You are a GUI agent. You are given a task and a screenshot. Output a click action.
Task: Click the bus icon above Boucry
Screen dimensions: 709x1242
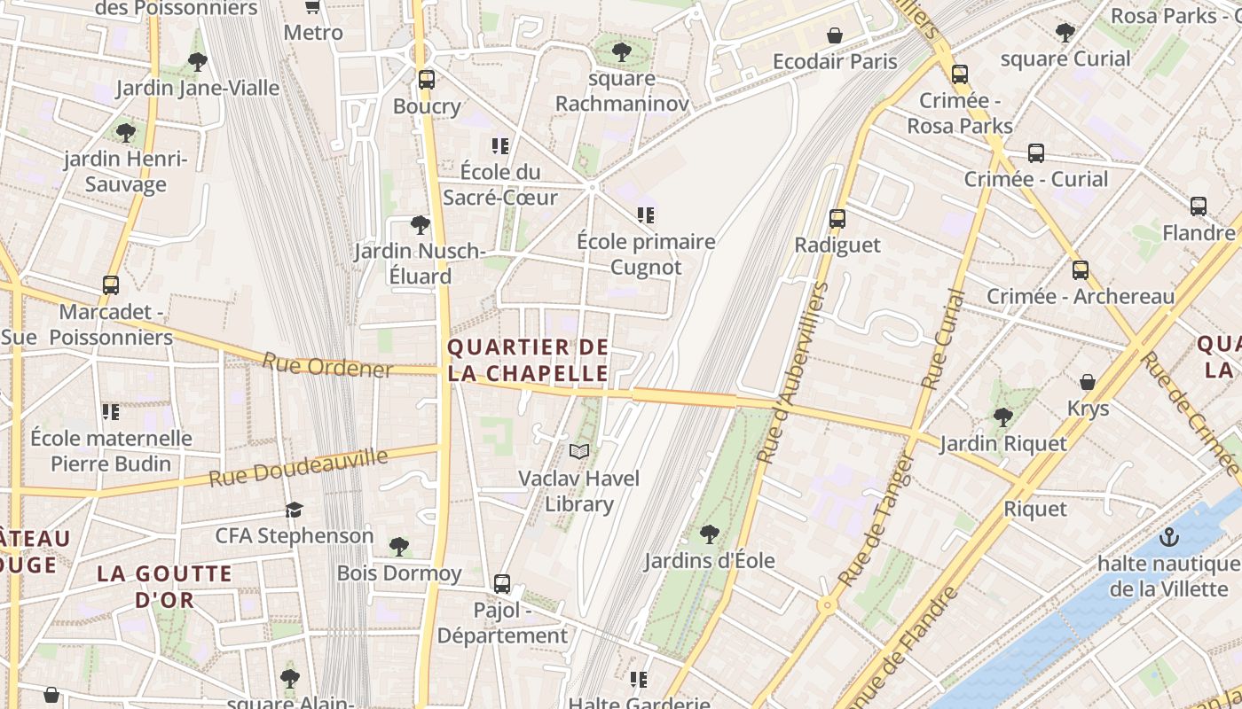point(426,80)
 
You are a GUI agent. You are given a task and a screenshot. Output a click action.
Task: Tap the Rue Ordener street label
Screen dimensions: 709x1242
point(327,365)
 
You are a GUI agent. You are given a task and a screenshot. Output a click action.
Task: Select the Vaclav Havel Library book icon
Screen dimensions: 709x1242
point(579,452)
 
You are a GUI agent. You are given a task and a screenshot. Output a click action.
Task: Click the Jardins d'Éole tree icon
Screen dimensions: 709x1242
point(709,534)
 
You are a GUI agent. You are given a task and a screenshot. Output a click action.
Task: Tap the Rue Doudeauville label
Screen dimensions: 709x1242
point(298,467)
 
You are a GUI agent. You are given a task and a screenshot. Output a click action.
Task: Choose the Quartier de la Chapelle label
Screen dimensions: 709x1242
point(528,360)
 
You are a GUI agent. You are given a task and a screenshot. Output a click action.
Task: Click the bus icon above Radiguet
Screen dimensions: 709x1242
point(837,219)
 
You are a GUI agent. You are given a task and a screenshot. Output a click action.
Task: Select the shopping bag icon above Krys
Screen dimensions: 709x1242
point(1088,382)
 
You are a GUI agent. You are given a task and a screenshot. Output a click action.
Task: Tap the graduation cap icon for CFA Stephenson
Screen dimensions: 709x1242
point(294,510)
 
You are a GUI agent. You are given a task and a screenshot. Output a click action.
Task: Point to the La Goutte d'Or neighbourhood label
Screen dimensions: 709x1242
point(164,586)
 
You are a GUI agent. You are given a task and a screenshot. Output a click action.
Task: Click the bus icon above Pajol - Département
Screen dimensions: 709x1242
point(502,584)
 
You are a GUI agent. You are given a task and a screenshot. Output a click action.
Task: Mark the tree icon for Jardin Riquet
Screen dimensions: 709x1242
point(1002,417)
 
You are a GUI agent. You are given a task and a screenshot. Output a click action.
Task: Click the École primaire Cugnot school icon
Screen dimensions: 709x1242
point(646,214)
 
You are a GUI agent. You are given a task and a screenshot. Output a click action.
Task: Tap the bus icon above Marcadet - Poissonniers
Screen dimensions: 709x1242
point(111,285)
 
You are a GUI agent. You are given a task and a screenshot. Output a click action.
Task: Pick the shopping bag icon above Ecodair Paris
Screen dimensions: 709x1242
point(835,35)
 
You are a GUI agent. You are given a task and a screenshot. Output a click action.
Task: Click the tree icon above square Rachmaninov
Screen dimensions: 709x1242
point(622,52)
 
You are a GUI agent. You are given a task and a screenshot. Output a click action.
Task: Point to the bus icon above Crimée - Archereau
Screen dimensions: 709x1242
point(1080,270)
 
